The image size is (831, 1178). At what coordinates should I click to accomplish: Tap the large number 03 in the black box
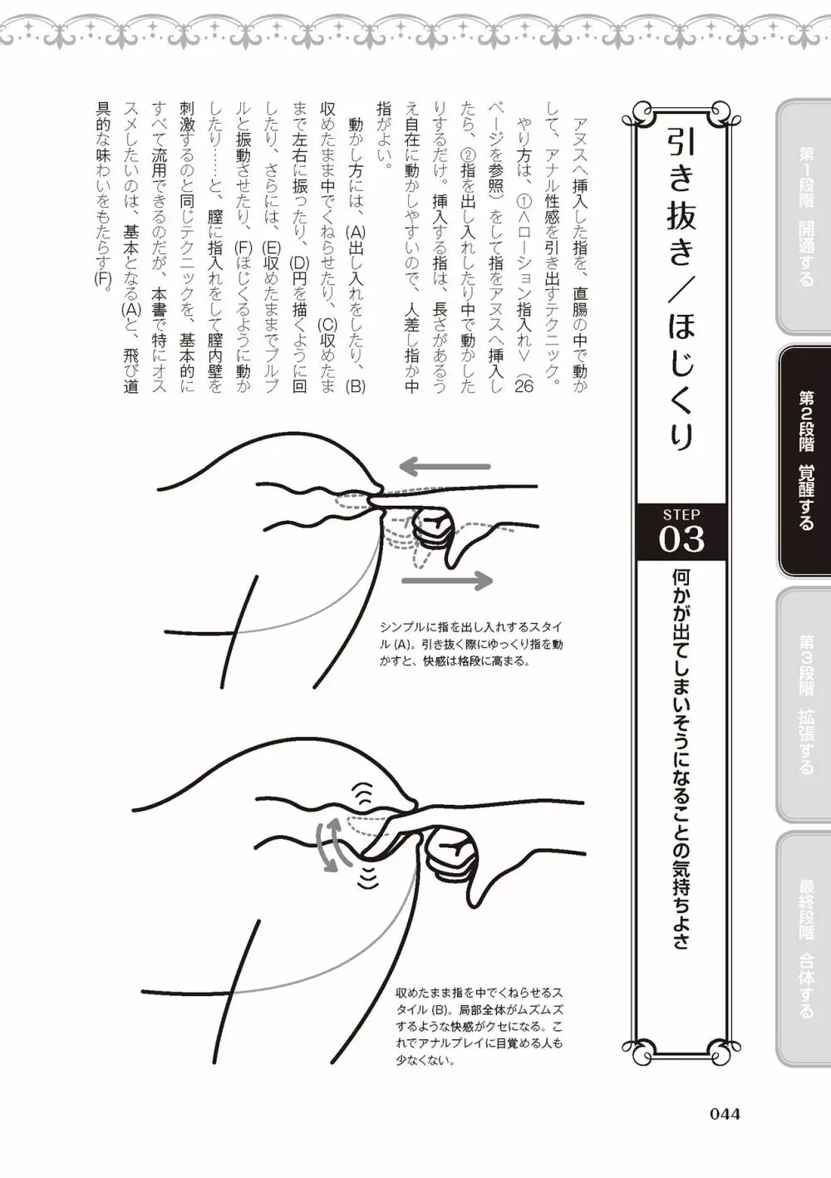coord(681,539)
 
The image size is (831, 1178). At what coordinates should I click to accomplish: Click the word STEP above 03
coord(681,513)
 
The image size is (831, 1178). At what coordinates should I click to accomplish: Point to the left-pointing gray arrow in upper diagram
coord(445,466)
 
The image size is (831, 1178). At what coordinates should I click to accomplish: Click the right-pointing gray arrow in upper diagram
coord(447,581)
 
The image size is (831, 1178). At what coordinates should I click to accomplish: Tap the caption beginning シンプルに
coord(470,644)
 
